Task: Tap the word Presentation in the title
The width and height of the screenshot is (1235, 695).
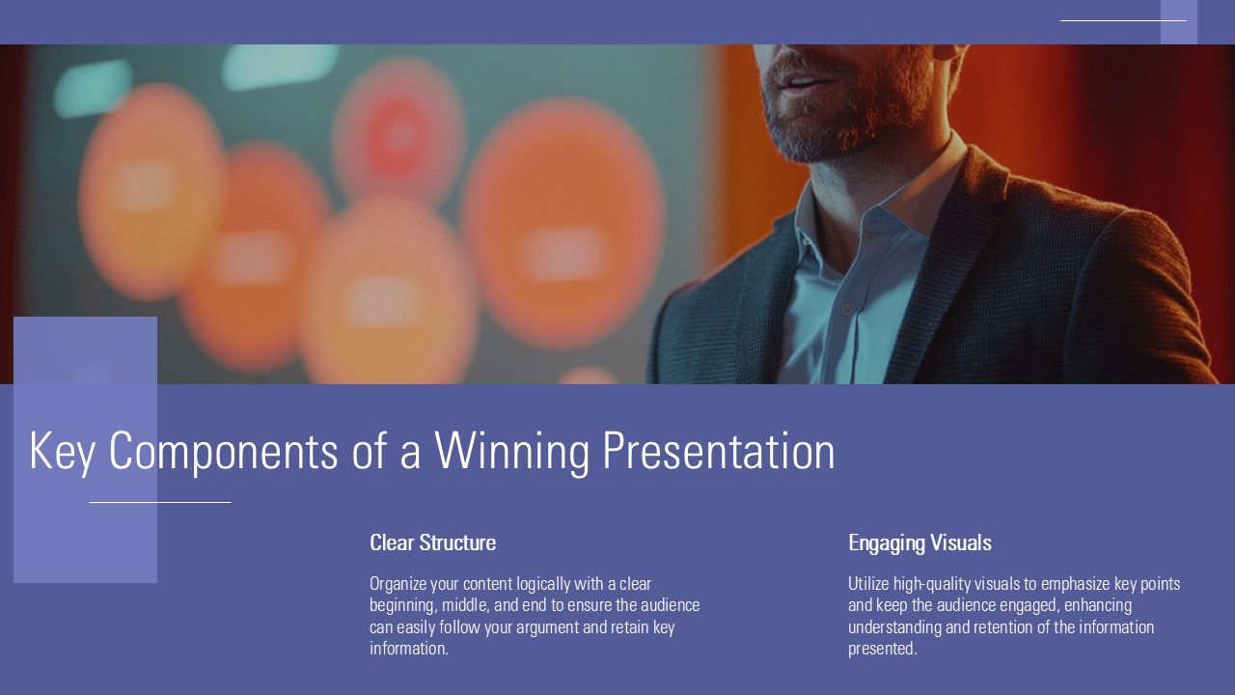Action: click(719, 451)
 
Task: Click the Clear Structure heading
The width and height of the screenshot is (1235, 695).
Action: click(433, 542)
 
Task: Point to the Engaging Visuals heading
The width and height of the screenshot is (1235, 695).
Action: click(919, 543)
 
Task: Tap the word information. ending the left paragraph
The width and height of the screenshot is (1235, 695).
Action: click(409, 649)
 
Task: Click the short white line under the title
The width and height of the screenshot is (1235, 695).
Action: click(160, 503)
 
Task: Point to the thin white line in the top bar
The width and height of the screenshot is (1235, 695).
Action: click(1124, 20)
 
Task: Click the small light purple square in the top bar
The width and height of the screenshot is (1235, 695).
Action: click(1179, 22)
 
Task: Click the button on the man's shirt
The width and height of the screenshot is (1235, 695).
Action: click(846, 310)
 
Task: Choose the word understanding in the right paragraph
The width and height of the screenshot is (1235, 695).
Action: click(894, 627)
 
